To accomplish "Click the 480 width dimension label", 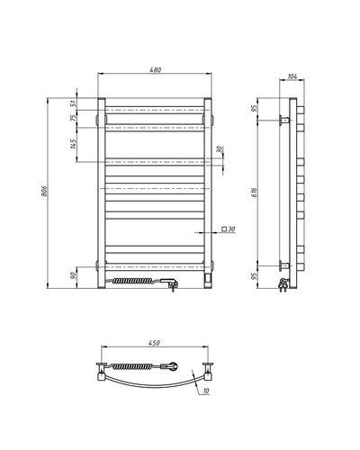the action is click(156, 69).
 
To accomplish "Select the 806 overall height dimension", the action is click(44, 191).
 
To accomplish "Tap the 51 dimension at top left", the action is click(73, 104).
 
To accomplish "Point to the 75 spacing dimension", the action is click(73, 118).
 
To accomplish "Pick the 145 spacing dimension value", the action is click(73, 143).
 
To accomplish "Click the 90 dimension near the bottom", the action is click(73, 276).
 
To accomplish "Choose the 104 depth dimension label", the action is click(292, 76).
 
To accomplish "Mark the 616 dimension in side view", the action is click(254, 192).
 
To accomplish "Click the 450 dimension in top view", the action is click(155, 343).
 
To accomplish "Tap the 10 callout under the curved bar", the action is click(206, 391).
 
